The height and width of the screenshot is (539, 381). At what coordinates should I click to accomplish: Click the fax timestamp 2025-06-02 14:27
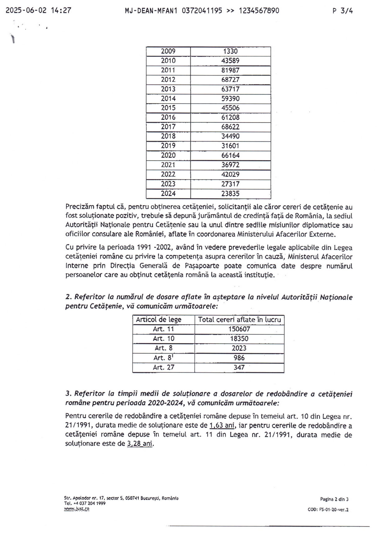(38, 11)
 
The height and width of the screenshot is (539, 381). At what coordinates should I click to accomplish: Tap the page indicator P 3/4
(343, 11)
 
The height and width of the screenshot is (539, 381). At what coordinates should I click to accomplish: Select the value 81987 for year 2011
(230, 70)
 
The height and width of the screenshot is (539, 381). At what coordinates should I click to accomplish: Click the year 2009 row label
(168, 51)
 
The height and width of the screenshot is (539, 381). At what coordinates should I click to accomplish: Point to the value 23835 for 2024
(230, 194)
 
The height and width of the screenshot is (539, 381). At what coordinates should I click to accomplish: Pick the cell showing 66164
(230, 155)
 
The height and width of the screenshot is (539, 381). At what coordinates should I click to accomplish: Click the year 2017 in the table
(168, 127)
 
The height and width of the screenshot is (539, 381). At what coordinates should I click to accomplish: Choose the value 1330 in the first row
(230, 51)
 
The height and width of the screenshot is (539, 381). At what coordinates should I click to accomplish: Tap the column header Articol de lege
(159, 320)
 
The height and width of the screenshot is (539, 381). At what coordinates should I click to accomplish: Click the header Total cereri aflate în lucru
(239, 320)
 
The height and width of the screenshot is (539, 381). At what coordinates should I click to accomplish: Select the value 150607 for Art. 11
(239, 329)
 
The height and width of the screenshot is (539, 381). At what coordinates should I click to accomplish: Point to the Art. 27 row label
(164, 367)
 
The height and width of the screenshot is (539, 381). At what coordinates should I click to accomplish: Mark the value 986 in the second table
(239, 358)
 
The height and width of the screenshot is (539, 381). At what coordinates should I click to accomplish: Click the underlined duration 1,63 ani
(222, 425)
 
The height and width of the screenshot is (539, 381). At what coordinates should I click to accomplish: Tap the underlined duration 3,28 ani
(140, 444)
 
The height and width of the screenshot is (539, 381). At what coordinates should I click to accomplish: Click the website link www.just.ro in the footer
(77, 509)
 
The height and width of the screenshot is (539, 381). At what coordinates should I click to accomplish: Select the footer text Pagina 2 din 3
(334, 499)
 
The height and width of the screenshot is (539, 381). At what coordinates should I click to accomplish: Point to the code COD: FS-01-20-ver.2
(328, 510)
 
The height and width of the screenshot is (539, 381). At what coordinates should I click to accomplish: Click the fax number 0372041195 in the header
(202, 11)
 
